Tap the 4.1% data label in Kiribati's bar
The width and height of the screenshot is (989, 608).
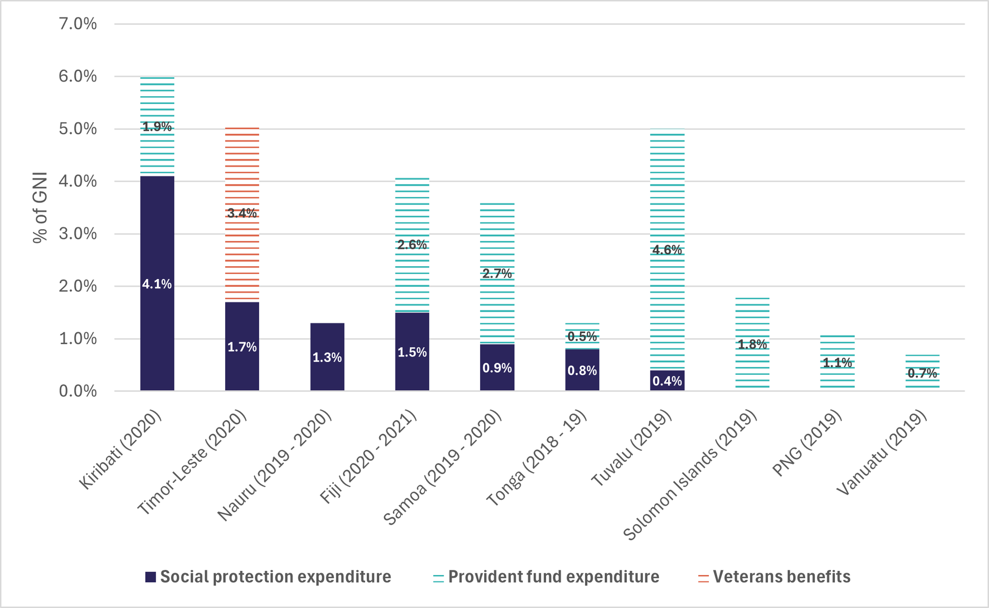[x=157, y=284]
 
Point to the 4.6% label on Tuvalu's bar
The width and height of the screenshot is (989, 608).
[x=667, y=250]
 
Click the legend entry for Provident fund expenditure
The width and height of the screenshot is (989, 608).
[x=547, y=577]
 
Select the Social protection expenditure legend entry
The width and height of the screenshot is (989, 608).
[x=268, y=577]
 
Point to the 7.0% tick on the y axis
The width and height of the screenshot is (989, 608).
[x=78, y=24]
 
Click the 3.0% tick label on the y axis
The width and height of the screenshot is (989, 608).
[x=78, y=234]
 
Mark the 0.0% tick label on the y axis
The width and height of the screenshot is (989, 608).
[x=78, y=391]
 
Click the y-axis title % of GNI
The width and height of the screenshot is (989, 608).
[x=40, y=207]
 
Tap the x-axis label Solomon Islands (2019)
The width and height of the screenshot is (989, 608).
[x=690, y=475]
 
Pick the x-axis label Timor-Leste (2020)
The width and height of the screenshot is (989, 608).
[x=192, y=463]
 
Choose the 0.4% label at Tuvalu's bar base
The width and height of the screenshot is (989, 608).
[x=667, y=381]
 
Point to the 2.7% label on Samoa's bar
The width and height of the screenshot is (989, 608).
[x=497, y=274]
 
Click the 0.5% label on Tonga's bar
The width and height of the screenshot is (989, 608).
[x=582, y=337]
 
